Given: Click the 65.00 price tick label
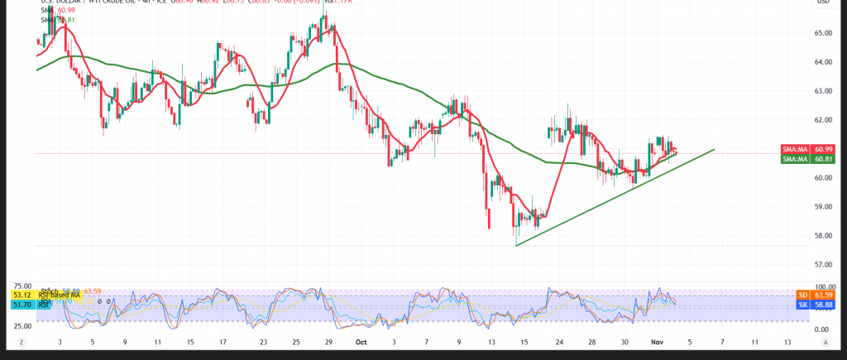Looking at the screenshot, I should coord(822,33).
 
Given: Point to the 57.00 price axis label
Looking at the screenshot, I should coord(822,264).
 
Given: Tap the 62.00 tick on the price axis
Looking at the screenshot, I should coord(822,120).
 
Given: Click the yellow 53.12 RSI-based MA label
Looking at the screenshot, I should coord(21,295).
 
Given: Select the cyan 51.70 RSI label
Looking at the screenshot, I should coord(21,305).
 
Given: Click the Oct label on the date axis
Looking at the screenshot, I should coord(361,341).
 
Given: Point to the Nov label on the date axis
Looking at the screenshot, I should coord(655,341).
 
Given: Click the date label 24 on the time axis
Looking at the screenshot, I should coord(560,341).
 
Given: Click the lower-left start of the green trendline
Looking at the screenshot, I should coord(515,246).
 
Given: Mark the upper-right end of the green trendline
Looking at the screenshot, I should coord(714,150).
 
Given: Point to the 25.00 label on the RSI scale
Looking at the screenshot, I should coord(22,325).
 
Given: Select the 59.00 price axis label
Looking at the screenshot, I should coord(822,207).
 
